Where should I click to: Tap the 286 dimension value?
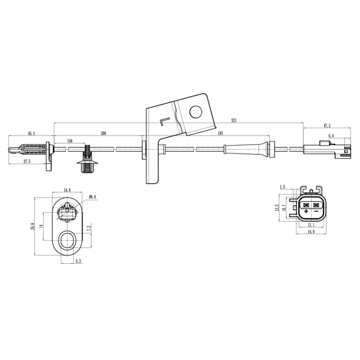[103, 133]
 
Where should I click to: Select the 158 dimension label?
[69, 141]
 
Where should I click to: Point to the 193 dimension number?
[220, 133]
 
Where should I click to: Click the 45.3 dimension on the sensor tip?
[31, 133]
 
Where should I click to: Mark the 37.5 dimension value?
[26, 161]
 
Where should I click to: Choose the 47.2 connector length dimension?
[327, 127]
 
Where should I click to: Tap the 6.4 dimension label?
[331, 136]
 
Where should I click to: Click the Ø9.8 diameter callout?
[93, 197]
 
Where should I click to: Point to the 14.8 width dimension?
[67, 190]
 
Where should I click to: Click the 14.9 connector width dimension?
[310, 231]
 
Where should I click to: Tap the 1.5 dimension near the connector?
[282, 186]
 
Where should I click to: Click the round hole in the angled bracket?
[195, 112]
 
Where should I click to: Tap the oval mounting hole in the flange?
[68, 239]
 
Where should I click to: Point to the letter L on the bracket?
[164, 121]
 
